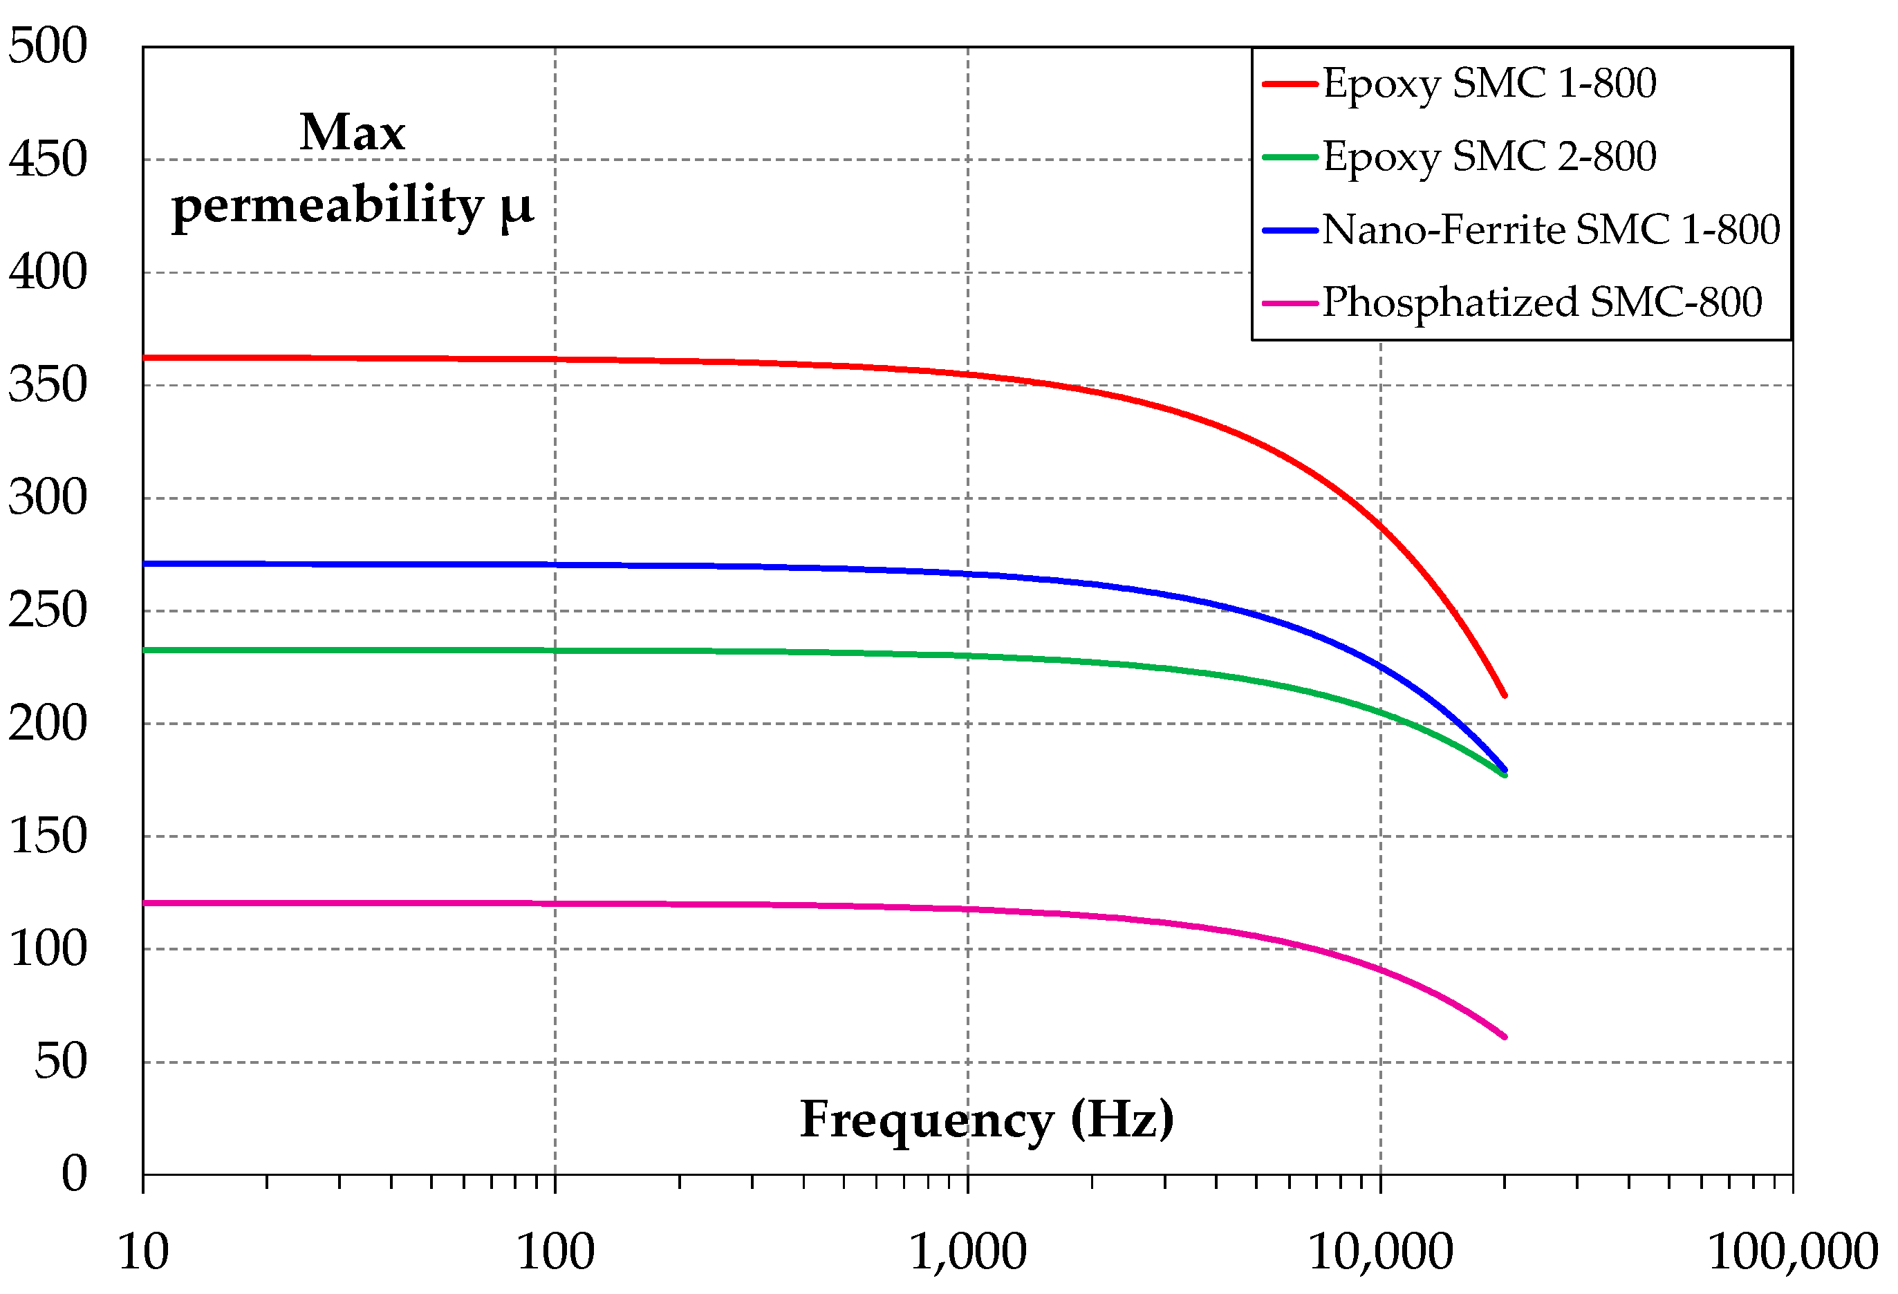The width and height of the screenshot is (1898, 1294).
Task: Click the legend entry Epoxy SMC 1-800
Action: pyautogui.click(x=1489, y=83)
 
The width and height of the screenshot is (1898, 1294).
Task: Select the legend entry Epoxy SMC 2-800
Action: pyautogui.click(x=1489, y=157)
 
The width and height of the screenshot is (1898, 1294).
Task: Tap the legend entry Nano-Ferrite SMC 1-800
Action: pyautogui.click(x=1550, y=229)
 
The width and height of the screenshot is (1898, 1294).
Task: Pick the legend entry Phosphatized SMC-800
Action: pyautogui.click(x=1541, y=302)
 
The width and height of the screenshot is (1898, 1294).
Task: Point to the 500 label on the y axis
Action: pyautogui.click(x=48, y=46)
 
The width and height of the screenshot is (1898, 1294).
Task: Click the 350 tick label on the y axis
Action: pyautogui.click(x=48, y=384)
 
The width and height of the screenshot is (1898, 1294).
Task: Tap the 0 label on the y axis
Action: pyautogui.click(x=73, y=1174)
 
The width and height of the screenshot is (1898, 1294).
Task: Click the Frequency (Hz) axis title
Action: pyautogui.click(x=987, y=1120)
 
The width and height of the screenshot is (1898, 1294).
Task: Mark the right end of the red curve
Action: pyautogui.click(x=1505, y=695)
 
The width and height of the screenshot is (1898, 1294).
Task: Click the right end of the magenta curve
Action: pyautogui.click(x=1505, y=1037)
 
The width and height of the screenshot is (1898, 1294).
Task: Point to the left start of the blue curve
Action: pyautogui.click(x=145, y=564)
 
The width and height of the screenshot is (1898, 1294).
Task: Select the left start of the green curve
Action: pyautogui.click(x=145, y=650)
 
